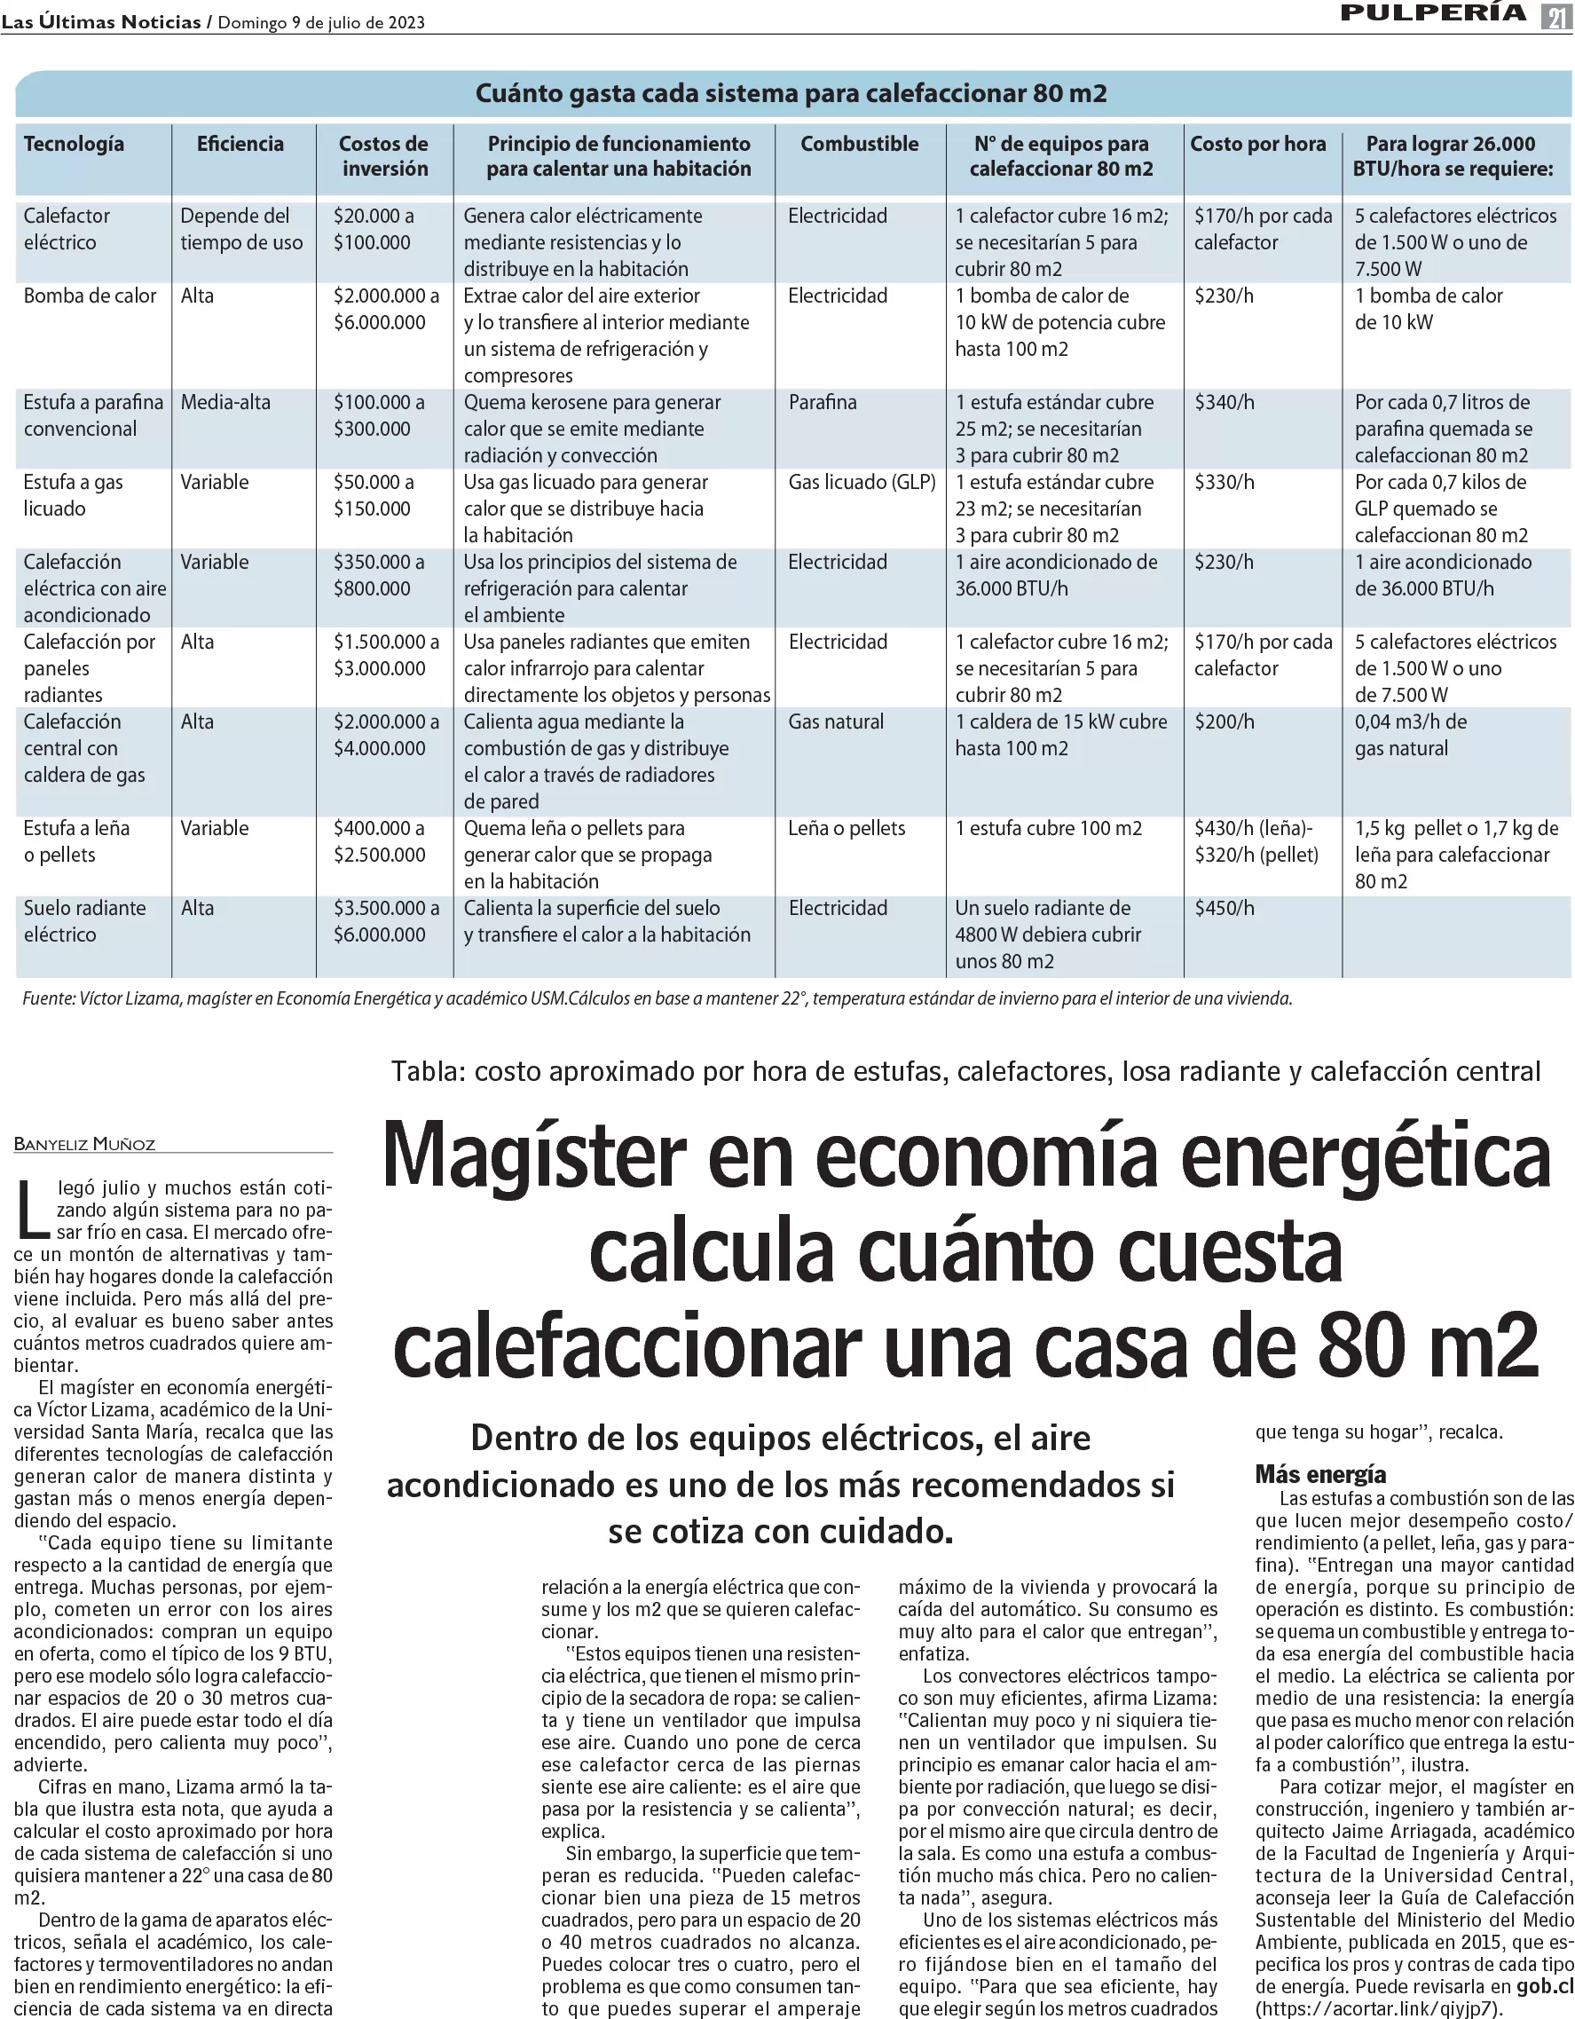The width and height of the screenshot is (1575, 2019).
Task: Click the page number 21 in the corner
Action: tap(1555, 17)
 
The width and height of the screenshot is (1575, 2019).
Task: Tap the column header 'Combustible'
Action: tap(859, 144)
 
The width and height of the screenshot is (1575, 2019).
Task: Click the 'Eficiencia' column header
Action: tap(240, 144)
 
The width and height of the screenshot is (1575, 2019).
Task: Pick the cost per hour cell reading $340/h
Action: tap(1224, 402)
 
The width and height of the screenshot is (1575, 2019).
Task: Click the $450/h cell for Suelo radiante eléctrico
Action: tap(1224, 908)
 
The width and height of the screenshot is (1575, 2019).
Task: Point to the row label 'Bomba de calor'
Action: tap(90, 296)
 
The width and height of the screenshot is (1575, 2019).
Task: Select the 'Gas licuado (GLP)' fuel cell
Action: tap(862, 482)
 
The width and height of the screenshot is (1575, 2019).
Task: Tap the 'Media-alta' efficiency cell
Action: tap(225, 402)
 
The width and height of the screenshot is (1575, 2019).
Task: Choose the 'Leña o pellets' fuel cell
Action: tap(846, 828)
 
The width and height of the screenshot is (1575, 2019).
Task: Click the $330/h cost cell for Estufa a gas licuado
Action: tap(1224, 482)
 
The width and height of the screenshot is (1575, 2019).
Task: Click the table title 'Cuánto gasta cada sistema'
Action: tap(791, 93)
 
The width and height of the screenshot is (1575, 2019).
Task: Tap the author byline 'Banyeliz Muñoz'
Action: tap(85, 1144)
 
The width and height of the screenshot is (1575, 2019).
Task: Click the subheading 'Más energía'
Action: tap(1322, 1473)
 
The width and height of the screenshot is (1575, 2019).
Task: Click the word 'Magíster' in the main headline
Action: tap(535, 1157)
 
